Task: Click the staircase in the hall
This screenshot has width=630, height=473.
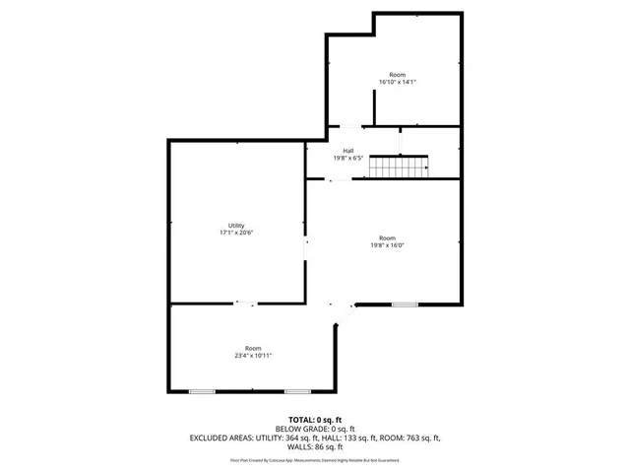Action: point(400,168)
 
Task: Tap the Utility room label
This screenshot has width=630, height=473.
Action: point(236,226)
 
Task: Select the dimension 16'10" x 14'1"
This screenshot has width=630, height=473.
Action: point(398,83)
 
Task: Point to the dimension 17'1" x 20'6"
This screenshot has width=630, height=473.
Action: point(236,233)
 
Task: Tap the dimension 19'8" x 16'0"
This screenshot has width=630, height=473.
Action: point(388,244)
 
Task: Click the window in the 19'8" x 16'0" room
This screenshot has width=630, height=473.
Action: point(405,304)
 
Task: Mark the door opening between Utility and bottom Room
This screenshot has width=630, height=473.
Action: point(245,304)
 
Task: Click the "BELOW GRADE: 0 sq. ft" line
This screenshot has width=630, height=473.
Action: point(315,430)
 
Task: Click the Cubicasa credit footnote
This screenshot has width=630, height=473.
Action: point(315,460)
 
